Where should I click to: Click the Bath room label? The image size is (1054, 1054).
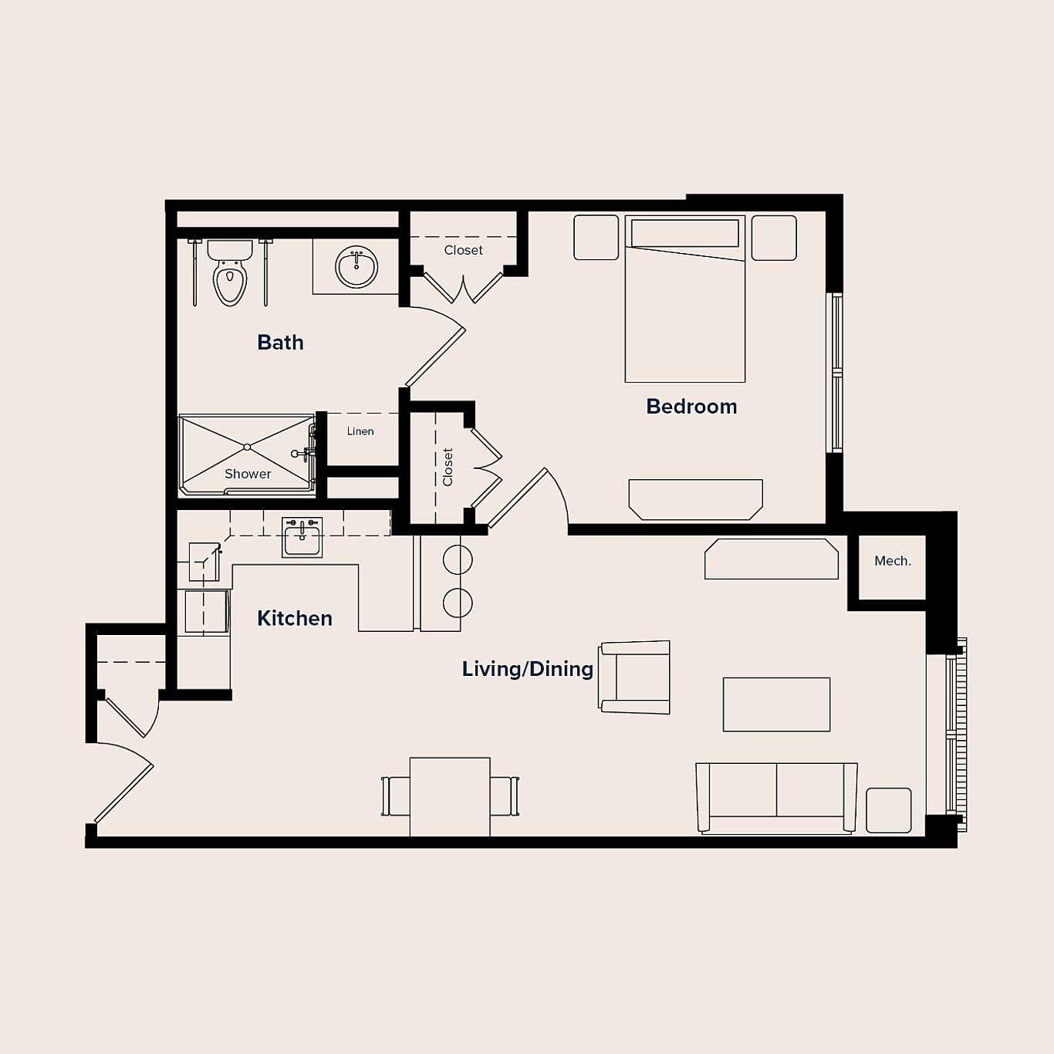[x=280, y=342]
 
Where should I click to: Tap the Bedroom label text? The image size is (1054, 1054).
[x=691, y=406]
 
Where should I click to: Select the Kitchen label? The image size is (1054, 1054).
[x=294, y=618]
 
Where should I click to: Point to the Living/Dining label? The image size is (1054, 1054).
[x=527, y=669]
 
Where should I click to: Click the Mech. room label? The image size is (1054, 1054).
[x=892, y=561]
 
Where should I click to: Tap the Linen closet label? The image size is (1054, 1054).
[x=360, y=431]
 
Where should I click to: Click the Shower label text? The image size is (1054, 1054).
[x=248, y=474]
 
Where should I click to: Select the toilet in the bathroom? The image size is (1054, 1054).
[x=230, y=274]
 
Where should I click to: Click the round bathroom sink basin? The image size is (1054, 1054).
[x=356, y=267]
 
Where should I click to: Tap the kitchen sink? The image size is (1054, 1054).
[x=302, y=538]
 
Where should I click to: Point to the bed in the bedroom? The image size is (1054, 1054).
[x=684, y=309]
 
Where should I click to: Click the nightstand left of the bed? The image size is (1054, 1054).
[x=596, y=238]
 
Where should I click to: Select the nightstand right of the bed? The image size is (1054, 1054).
[x=774, y=238]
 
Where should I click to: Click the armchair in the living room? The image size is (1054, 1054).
[x=636, y=677]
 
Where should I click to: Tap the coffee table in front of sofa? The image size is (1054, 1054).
[x=776, y=704]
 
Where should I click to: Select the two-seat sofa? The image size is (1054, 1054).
[x=776, y=797]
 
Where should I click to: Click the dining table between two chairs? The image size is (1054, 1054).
[x=450, y=796]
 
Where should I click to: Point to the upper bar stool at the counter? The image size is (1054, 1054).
[x=458, y=559]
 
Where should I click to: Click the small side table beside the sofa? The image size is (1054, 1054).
[x=888, y=810]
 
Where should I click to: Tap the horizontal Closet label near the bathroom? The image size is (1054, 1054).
[x=463, y=250]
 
